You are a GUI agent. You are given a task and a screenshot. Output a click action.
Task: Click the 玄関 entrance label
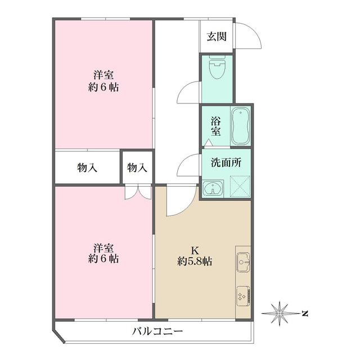(x=217, y=37)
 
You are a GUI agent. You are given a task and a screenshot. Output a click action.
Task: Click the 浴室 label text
(x=215, y=125)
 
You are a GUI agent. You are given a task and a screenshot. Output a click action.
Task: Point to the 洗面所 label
(x=226, y=163)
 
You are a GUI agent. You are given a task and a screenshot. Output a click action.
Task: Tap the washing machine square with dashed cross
(x=238, y=186)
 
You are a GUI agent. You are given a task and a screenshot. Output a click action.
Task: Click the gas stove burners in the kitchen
(x=244, y=295)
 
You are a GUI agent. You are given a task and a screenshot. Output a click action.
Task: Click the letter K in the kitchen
(x=195, y=250)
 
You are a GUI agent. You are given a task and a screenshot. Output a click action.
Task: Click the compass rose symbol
(x=280, y=313)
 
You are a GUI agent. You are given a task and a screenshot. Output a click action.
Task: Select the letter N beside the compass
(x=304, y=313)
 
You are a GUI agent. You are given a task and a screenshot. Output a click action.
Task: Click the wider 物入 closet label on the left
(x=87, y=167)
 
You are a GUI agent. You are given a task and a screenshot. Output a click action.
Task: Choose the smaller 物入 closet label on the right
(x=137, y=167)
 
